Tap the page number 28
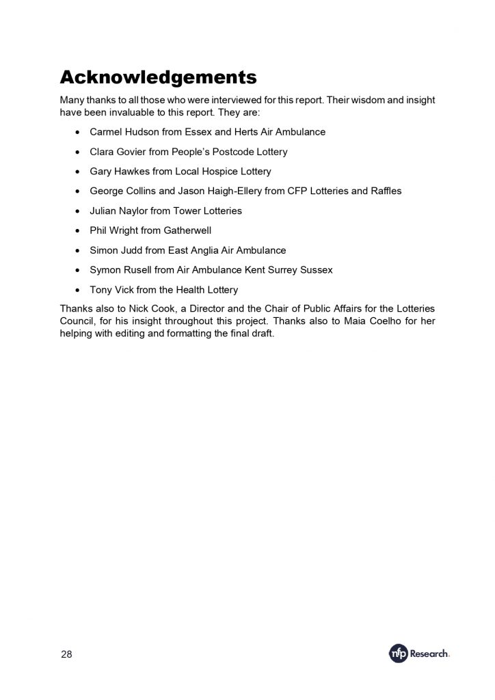tap(66, 654)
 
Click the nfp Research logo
tap(419, 654)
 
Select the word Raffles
tap(385, 191)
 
